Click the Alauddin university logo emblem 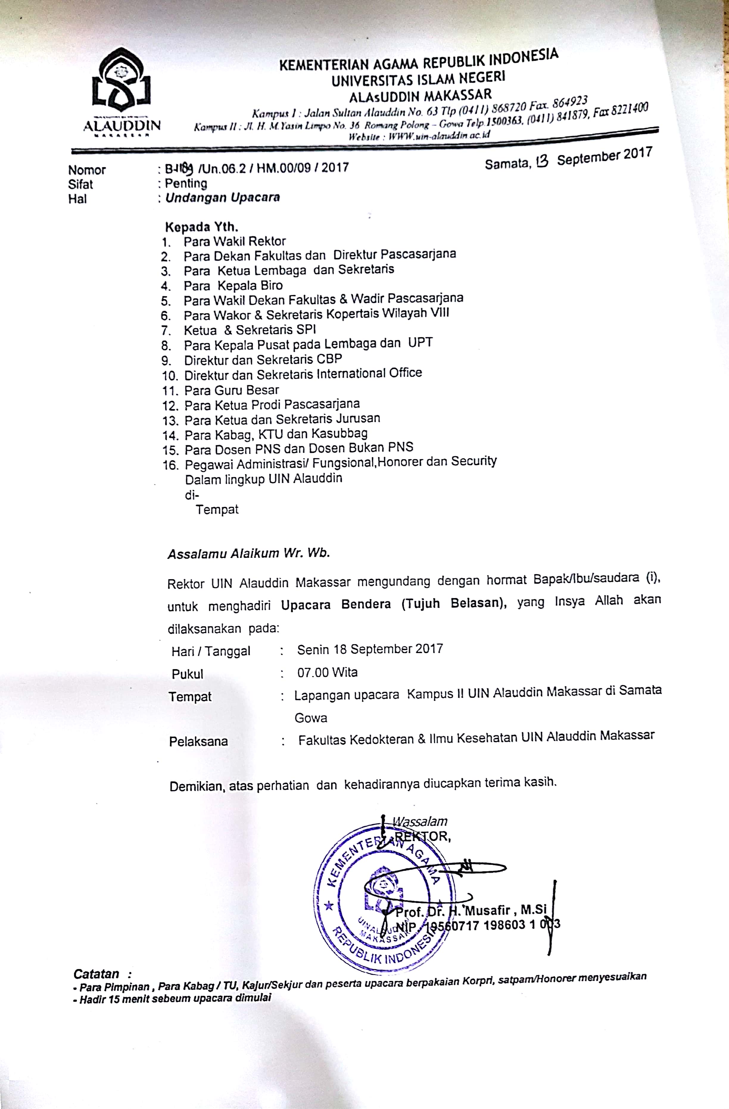[121, 82]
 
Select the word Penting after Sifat [186, 183]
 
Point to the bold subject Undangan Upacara [223, 197]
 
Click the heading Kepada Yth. [202, 228]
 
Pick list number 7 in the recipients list [166, 331]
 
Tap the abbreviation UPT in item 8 [420, 342]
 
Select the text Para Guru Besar [231, 390]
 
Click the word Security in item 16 [474, 461]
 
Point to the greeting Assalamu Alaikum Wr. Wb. [249, 554]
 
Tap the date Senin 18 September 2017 [370, 649]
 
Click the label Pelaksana [198, 741]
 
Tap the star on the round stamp [329, 906]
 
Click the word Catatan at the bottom [96, 974]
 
